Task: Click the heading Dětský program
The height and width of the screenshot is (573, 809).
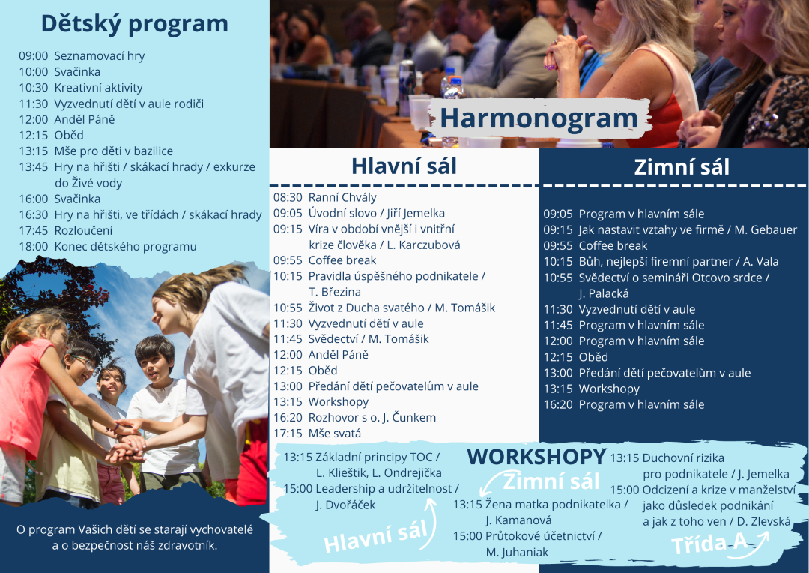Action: [x=134, y=24]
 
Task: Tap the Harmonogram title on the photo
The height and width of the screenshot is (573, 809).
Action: [x=539, y=118]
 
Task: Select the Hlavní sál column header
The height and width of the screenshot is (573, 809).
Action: [x=404, y=166]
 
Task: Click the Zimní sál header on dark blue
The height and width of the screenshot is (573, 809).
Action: [x=682, y=167]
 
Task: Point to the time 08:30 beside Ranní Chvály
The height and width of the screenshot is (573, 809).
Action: [x=288, y=197]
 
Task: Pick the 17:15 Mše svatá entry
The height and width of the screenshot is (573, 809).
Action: [x=318, y=433]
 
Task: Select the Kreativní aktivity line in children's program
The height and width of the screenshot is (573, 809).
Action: [x=81, y=88]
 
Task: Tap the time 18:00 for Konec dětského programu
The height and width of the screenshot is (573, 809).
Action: [x=34, y=247]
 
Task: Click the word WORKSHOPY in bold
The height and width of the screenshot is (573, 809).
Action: [x=536, y=457]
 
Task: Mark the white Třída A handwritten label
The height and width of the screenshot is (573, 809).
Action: [x=709, y=544]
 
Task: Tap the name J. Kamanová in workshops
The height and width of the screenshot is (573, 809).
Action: [x=518, y=520]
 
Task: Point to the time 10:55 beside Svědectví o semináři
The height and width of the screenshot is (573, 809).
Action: [x=558, y=277]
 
